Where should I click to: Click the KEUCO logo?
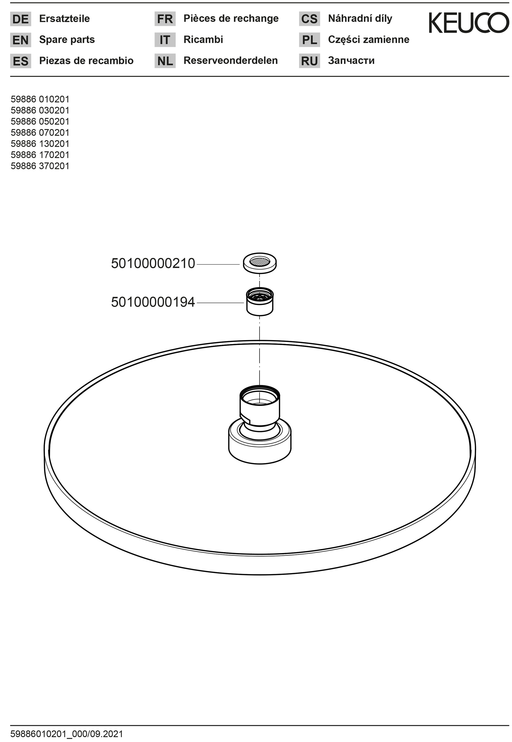[x=469, y=23]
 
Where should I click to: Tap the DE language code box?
[x=21, y=19]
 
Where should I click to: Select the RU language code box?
[x=309, y=61]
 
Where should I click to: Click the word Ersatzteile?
[x=65, y=19]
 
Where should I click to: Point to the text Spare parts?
[x=67, y=40]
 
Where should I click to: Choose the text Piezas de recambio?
[x=86, y=61]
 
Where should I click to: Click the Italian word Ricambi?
[x=203, y=40]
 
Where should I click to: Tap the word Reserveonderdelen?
[x=231, y=60]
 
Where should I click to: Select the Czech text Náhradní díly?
[x=360, y=19]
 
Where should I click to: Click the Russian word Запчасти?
[x=351, y=61]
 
